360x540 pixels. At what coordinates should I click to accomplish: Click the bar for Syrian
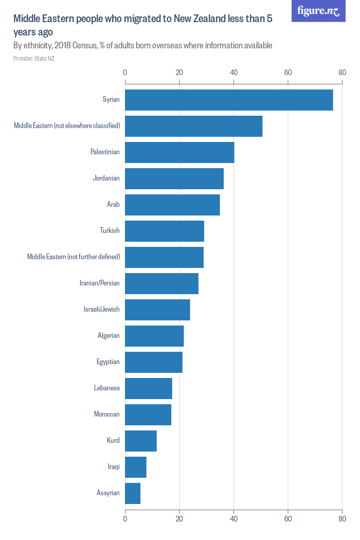pyautogui.click(x=229, y=100)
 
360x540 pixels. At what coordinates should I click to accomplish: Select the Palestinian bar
pyautogui.click(x=179, y=152)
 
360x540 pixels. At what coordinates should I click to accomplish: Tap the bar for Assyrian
pyautogui.click(x=133, y=493)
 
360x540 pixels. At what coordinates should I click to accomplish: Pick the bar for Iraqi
pyautogui.click(x=136, y=467)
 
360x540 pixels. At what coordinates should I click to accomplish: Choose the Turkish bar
pyautogui.click(x=165, y=231)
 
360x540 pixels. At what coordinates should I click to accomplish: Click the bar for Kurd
pyautogui.click(x=141, y=441)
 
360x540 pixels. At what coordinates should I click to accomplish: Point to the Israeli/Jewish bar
pyautogui.click(x=157, y=310)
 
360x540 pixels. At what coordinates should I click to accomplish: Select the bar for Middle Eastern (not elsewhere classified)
pyautogui.click(x=193, y=126)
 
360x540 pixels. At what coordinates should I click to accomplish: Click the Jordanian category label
pyautogui.click(x=106, y=178)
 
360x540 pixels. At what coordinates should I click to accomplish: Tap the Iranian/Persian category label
pyautogui.click(x=99, y=283)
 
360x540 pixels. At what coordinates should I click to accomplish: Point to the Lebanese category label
pyautogui.click(x=106, y=388)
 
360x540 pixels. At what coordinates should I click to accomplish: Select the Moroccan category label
pyautogui.click(x=106, y=415)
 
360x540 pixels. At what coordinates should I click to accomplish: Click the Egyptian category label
pyautogui.click(x=108, y=362)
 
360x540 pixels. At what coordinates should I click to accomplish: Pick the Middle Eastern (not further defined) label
pyautogui.click(x=74, y=257)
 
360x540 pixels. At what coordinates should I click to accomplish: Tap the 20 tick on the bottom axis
pyautogui.click(x=179, y=519)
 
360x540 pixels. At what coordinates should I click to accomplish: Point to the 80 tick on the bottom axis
pyautogui.click(x=342, y=519)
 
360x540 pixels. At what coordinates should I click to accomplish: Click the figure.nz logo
pyautogui.click(x=318, y=11)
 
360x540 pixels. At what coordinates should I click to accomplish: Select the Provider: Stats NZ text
pyautogui.click(x=34, y=59)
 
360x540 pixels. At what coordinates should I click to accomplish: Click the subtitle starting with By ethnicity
pyautogui.click(x=142, y=46)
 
